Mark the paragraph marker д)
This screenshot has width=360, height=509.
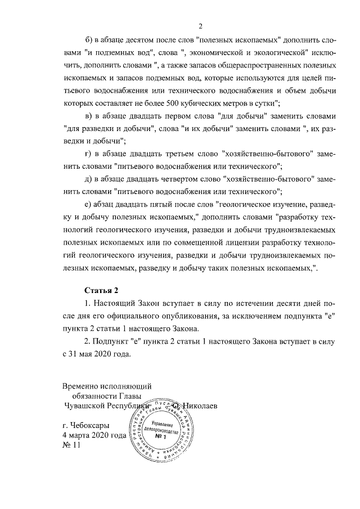(x=89, y=179)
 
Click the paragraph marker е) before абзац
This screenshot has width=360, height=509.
(x=88, y=204)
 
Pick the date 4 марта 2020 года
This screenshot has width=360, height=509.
(x=94, y=435)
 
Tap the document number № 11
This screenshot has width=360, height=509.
(x=71, y=445)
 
